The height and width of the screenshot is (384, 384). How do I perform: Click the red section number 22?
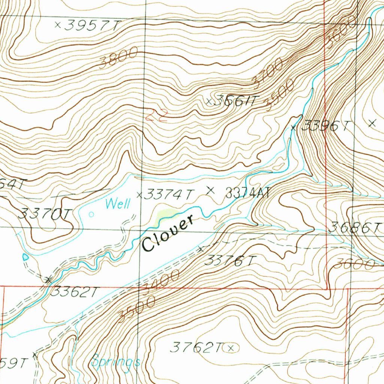156,114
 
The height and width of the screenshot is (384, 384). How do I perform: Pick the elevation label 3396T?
325,126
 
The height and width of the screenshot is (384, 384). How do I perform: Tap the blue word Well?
118,204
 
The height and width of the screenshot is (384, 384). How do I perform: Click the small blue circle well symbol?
91,214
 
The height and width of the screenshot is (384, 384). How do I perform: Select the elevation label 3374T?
169,194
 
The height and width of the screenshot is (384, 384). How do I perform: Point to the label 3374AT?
248,193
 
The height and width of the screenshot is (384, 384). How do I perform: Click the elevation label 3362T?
74,291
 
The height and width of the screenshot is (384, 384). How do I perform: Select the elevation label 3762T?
196,348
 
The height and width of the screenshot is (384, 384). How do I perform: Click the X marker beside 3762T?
231,348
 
